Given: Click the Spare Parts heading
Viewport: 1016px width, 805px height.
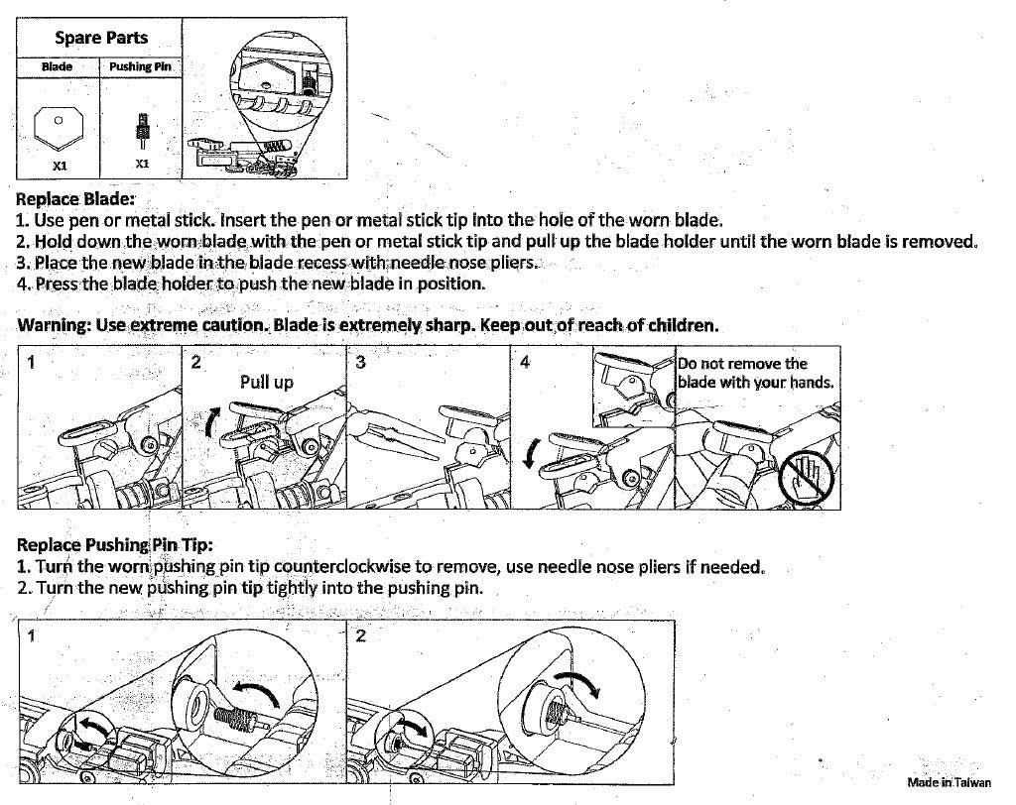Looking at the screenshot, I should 100,39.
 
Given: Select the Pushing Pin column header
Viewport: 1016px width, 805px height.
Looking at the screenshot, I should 142,66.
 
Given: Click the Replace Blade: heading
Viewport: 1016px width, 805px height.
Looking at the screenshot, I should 75,198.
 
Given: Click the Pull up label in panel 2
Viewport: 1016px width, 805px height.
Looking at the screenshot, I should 266,382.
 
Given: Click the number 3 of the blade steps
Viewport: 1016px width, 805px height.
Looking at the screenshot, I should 360,363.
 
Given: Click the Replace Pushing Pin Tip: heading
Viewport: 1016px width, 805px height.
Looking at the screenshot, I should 115,544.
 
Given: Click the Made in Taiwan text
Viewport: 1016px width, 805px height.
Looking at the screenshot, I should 949,782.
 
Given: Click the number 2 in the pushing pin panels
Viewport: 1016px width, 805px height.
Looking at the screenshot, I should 360,635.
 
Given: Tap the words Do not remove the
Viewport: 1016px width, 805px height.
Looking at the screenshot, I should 742,364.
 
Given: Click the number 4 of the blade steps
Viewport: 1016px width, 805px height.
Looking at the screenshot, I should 525,363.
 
